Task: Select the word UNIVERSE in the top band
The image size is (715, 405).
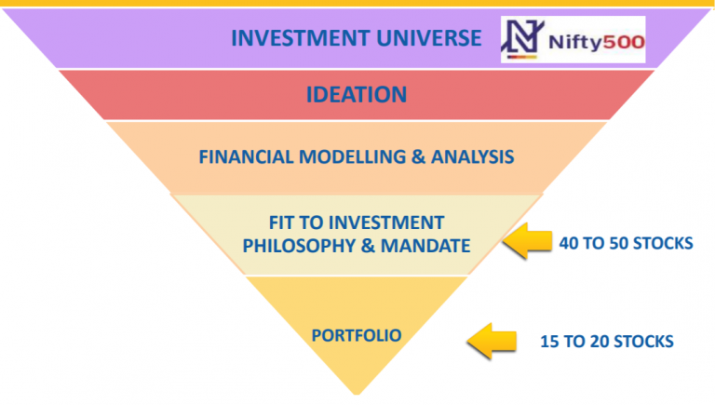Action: [x=429, y=38]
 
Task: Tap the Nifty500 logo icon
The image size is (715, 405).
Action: [x=522, y=39]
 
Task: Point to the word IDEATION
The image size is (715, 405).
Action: [x=357, y=95]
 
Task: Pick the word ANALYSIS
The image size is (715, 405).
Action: [x=472, y=157]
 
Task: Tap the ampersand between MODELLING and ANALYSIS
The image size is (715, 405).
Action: [x=418, y=157]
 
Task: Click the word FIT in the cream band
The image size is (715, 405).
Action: [x=281, y=223]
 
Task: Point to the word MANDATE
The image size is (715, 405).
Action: [x=425, y=246]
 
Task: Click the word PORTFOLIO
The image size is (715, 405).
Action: [x=357, y=336]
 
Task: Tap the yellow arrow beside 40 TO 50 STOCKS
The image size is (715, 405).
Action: [x=528, y=241]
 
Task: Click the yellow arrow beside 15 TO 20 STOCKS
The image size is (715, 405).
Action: [x=492, y=341]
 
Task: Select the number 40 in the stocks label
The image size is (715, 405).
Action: [x=569, y=244]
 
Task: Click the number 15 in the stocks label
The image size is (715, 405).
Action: [x=549, y=342]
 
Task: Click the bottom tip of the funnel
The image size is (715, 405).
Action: [x=357, y=394]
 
